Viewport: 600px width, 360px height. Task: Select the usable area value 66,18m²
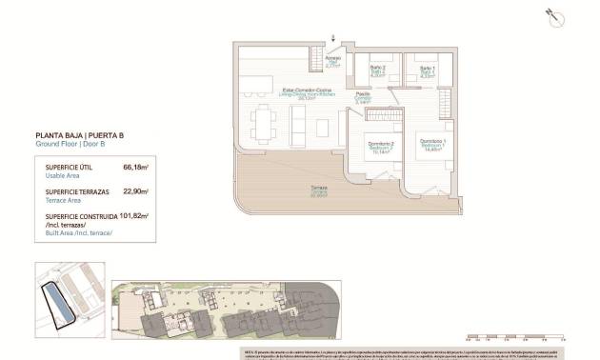[x=136, y=167]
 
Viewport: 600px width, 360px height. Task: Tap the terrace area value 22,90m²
[x=135, y=191]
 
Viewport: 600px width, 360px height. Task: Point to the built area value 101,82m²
[x=134, y=216]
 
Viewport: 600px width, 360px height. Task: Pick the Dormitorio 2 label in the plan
[x=380, y=147]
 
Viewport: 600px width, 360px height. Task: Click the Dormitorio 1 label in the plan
[x=433, y=143]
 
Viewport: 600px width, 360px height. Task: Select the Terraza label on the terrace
[x=318, y=191]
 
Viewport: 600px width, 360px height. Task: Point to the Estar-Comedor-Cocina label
[x=291, y=92]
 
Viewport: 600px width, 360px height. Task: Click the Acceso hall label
[x=331, y=64]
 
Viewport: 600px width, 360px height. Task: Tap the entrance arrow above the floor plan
[x=333, y=38]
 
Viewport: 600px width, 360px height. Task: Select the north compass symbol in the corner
[x=551, y=15]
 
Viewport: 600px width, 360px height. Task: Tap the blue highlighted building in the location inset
[x=60, y=306]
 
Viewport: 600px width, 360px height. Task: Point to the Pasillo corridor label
[x=363, y=97]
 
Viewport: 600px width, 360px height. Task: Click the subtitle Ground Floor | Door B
[x=72, y=147]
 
